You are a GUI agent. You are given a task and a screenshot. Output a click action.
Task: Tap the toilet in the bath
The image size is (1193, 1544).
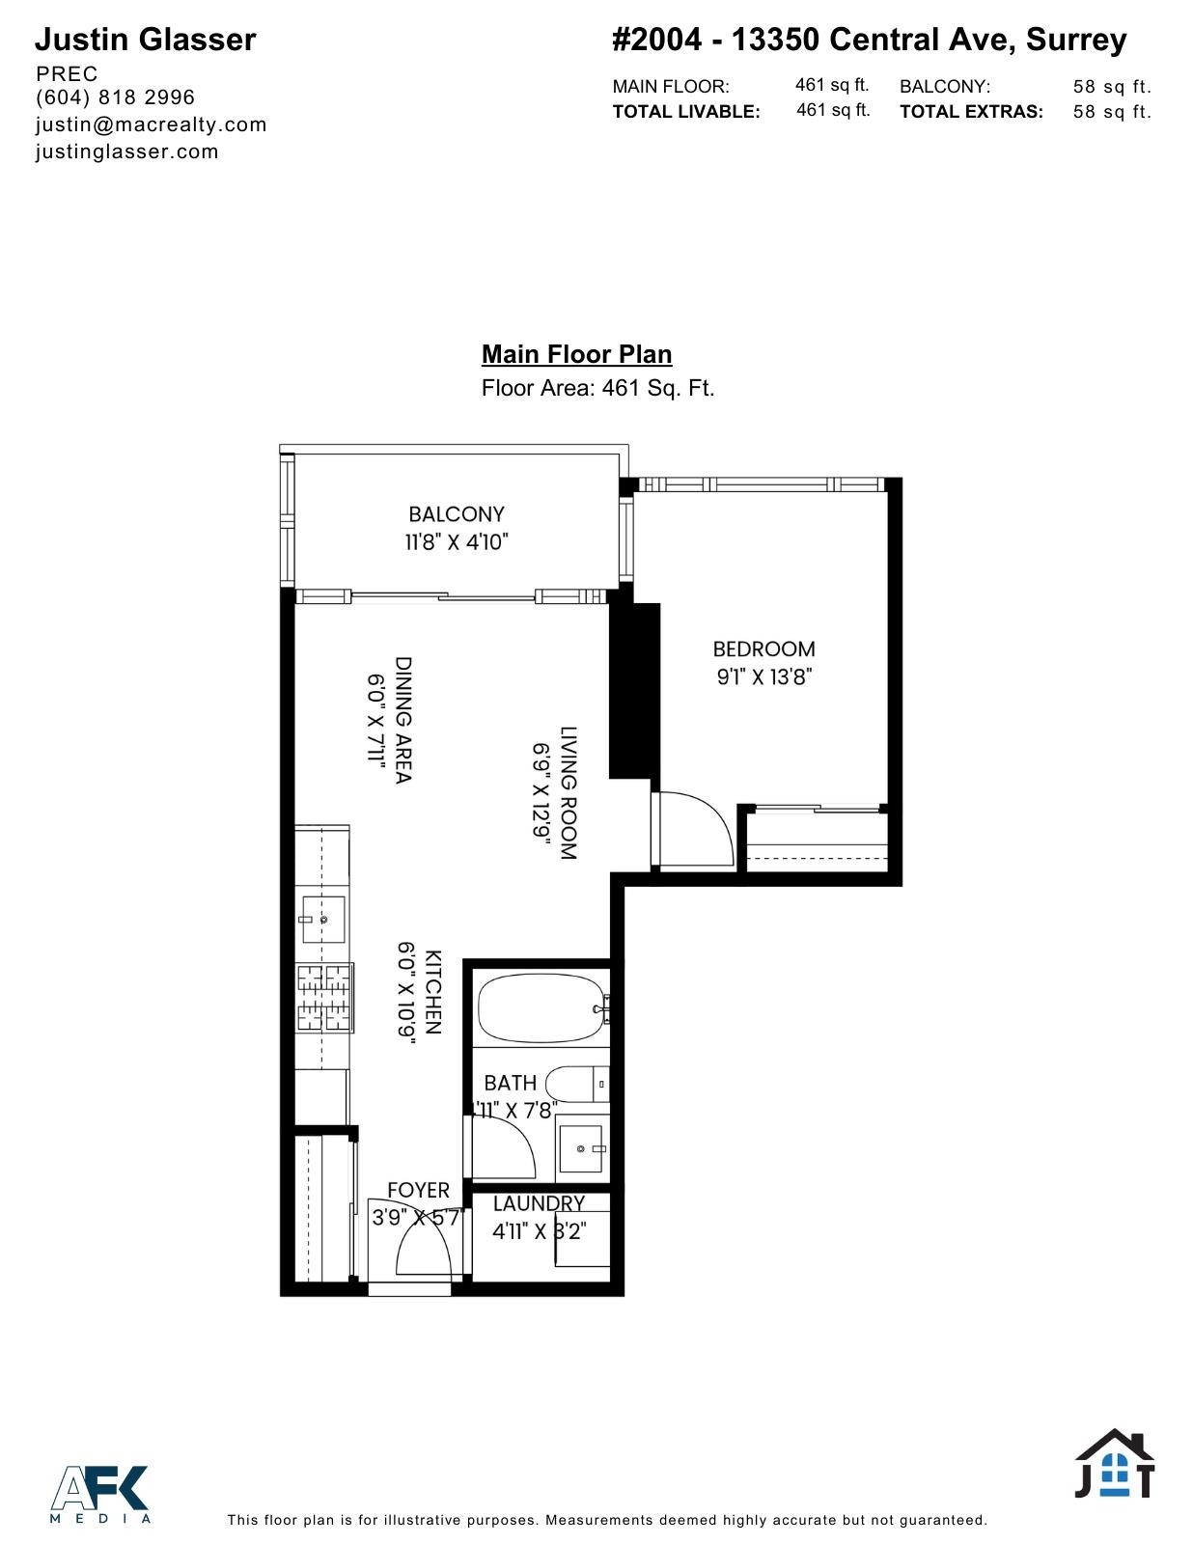coord(576,1084)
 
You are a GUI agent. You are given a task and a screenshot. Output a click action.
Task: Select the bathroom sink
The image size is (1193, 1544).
coord(582,1147)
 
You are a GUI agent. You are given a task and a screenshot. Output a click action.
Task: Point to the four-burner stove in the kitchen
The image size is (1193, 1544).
coord(324,997)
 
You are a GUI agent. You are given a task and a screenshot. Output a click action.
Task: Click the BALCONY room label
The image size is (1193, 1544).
coord(456,514)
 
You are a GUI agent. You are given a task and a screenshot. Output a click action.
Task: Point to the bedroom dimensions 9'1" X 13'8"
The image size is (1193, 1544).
coord(764,677)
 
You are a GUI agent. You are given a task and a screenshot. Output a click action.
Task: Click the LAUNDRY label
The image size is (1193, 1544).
coord(539,1203)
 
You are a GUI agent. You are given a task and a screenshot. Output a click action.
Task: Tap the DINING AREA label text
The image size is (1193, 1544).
coord(403,720)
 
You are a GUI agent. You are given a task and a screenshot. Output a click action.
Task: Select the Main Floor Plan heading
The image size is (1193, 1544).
coord(576,354)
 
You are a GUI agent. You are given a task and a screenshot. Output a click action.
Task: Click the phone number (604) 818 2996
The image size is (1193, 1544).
coord(115,97)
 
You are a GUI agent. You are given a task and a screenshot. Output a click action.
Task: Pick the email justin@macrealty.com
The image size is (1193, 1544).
coord(151,124)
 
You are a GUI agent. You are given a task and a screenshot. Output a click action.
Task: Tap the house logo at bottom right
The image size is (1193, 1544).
coord(1115,1464)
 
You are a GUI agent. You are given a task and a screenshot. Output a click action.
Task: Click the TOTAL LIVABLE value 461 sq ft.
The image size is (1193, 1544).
coord(833,110)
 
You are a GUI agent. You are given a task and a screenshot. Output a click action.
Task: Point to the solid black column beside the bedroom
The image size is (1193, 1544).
coord(634,690)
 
